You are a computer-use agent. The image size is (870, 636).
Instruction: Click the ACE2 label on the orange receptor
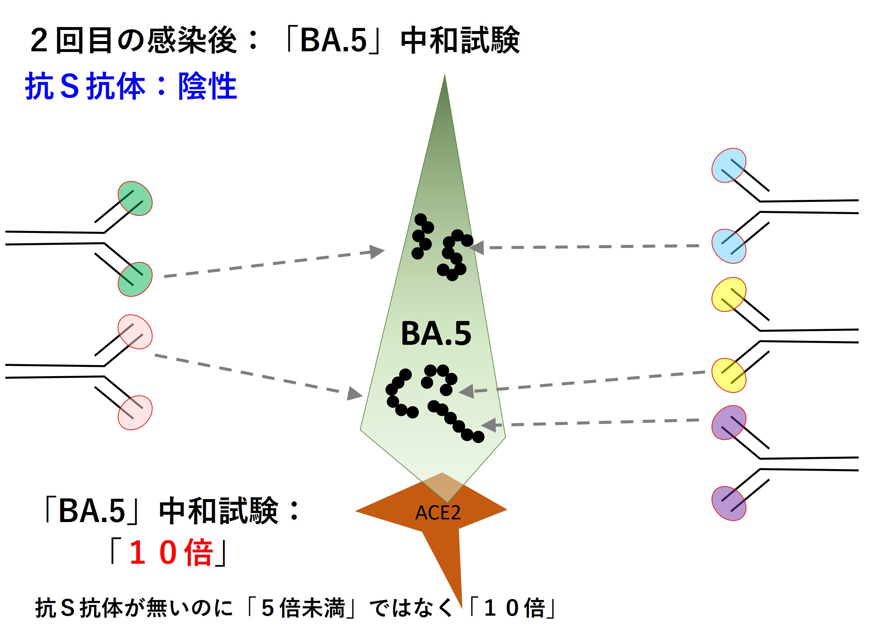438,512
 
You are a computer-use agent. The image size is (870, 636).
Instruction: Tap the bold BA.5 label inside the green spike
436,333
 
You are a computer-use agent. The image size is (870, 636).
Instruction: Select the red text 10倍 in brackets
171,552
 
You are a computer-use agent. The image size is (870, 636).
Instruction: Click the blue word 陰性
207,86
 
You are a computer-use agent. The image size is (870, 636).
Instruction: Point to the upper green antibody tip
135,198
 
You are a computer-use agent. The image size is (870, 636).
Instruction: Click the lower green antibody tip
135,279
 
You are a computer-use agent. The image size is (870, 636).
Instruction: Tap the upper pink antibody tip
135,331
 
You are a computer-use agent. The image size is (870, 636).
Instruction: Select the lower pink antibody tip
135,412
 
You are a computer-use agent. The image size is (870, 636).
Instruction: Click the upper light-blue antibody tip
729,165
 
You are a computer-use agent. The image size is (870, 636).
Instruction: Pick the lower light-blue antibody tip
729,246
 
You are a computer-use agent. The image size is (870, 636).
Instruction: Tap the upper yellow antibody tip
729,294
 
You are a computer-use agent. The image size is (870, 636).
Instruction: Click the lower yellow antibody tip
729,375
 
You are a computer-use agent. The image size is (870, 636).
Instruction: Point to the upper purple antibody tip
729,422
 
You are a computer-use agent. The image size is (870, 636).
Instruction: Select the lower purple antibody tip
729,503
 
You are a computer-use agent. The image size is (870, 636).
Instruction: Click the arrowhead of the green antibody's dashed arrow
376,252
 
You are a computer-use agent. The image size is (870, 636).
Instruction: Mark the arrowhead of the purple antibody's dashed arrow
489,425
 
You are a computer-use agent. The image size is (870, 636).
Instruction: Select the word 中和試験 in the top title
460,40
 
